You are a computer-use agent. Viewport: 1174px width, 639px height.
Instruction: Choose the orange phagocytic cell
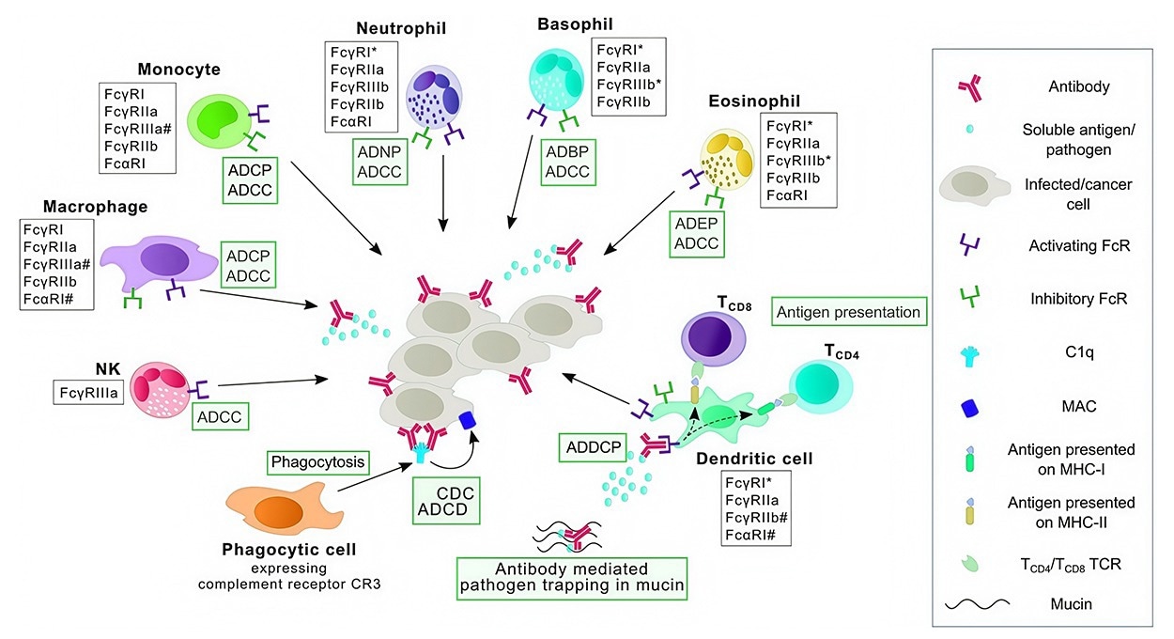[277, 511]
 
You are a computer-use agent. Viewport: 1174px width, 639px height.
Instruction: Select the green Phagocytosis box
[315, 462]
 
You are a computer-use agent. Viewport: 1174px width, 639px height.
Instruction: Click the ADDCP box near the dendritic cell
[591, 447]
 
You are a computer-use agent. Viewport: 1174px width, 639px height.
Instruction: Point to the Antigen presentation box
[848, 311]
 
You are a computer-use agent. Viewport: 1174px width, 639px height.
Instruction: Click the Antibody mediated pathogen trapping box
[571, 577]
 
